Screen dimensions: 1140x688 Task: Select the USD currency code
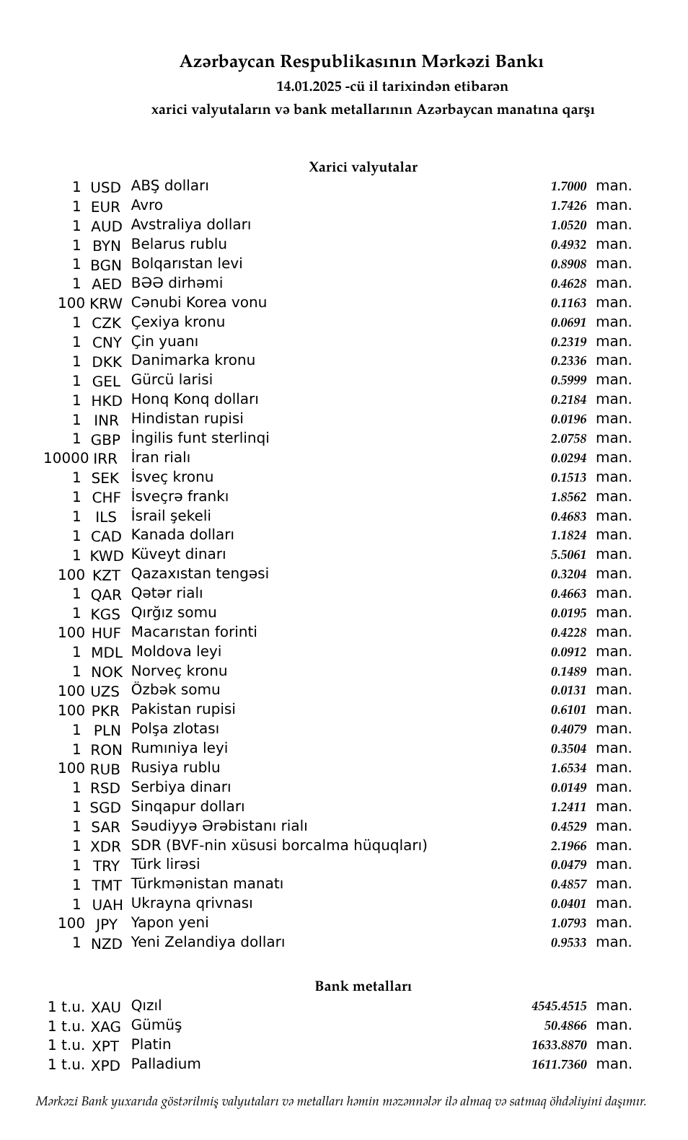point(105,187)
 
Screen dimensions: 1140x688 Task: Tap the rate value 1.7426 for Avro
point(568,206)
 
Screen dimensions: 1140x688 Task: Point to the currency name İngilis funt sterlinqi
point(200,438)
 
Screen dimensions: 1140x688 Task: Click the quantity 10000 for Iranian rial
point(66,458)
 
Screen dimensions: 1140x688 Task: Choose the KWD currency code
point(106,555)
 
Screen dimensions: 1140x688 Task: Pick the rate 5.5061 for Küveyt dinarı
point(568,555)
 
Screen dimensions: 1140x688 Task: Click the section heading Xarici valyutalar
point(363,167)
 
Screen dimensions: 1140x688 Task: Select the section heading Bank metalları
point(363,986)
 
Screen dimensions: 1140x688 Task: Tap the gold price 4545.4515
point(559,1006)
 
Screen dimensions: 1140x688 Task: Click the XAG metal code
point(106,1026)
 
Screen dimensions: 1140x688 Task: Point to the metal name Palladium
point(166,1064)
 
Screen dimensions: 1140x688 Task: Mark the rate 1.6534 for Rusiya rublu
point(568,768)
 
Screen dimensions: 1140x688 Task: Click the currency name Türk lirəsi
point(165,864)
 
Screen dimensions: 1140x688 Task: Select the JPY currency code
point(106,924)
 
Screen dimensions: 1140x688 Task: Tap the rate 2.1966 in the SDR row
point(568,846)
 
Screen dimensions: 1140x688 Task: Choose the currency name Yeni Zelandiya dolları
point(208,942)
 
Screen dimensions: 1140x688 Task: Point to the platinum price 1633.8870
point(559,1045)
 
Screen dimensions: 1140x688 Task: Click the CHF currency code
point(106,498)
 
